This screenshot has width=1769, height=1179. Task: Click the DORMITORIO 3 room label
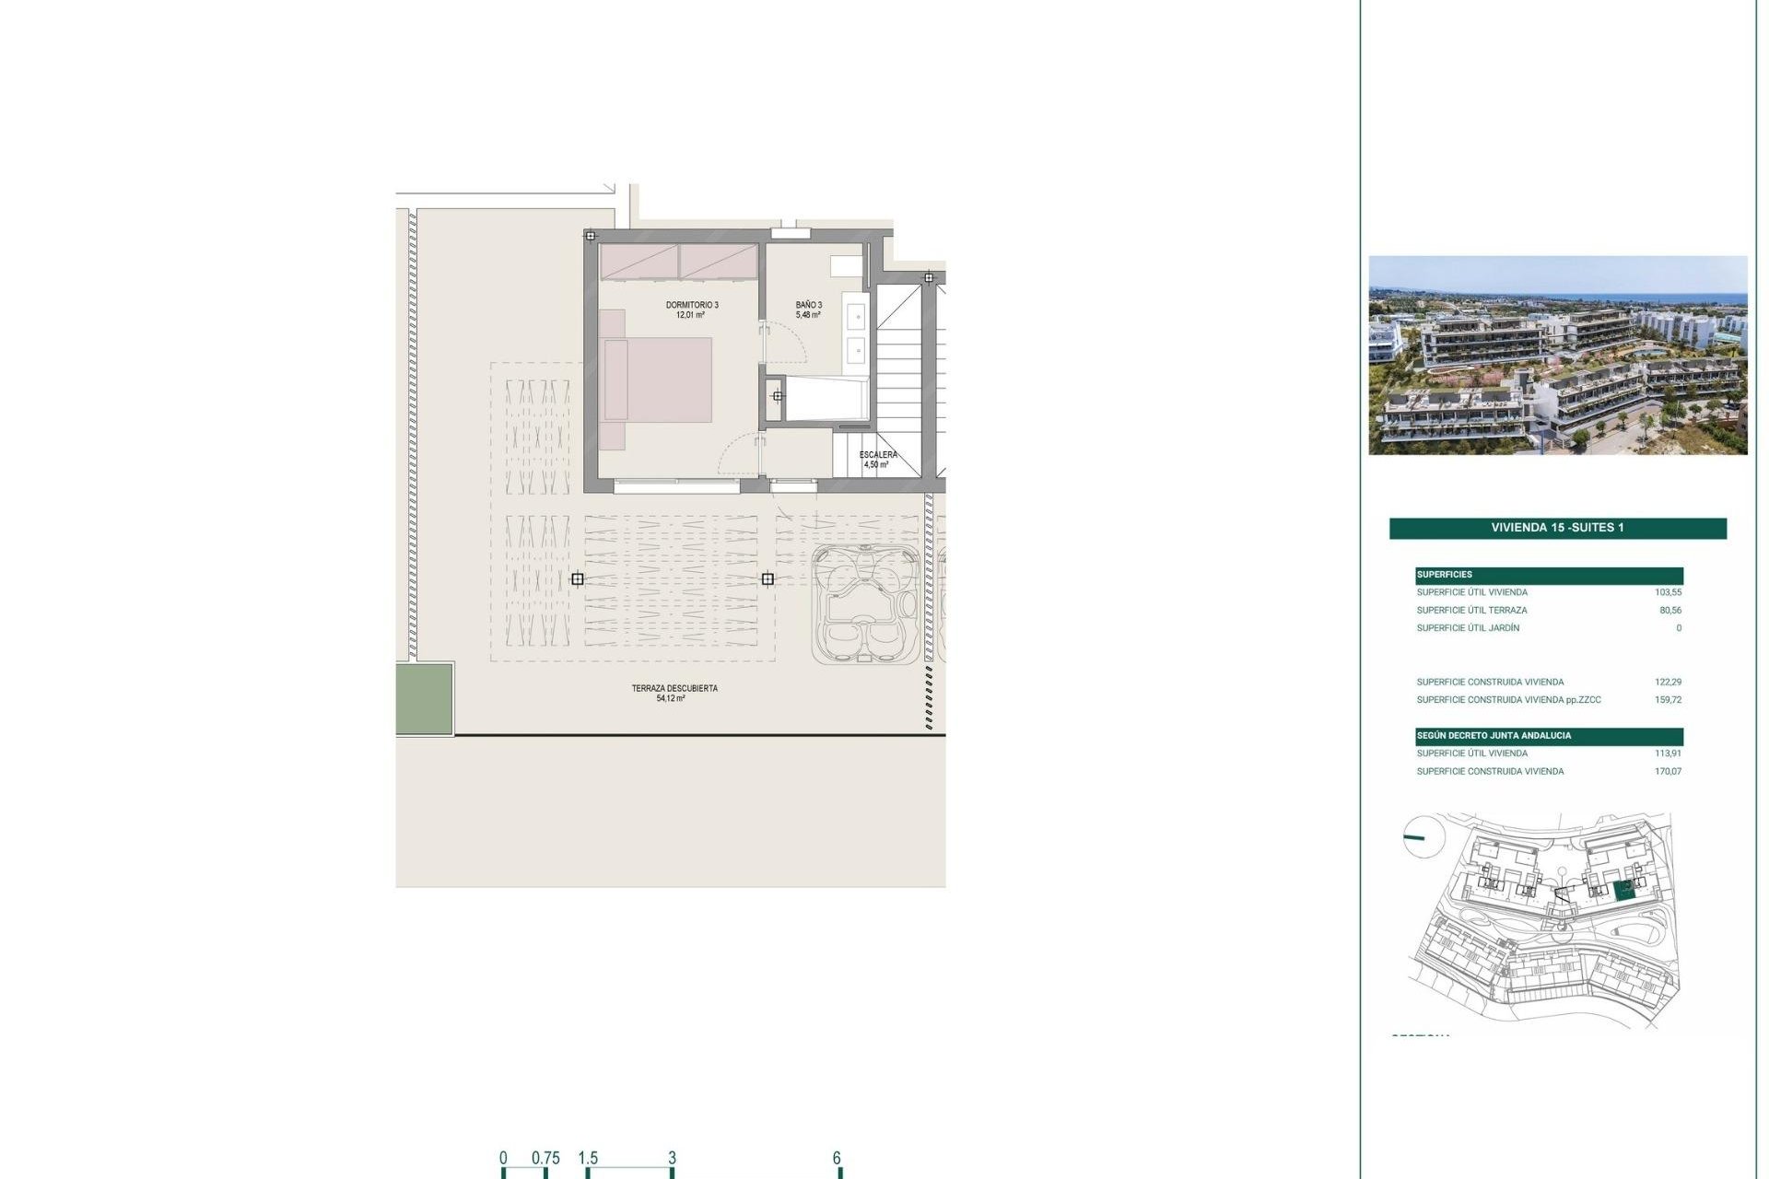[x=692, y=305]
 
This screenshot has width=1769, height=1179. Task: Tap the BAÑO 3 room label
[x=808, y=305]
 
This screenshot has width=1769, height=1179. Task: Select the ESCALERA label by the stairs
[x=877, y=455]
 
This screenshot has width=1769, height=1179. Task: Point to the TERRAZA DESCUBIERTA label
[x=674, y=688]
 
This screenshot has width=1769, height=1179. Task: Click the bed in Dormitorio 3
[x=657, y=379]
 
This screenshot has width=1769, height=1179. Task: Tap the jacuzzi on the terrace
[x=865, y=603]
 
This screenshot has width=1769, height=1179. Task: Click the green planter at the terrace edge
[x=425, y=698]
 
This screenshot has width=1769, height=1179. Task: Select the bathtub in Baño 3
[x=827, y=398]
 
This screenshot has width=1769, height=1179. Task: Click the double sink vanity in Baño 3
[x=855, y=333]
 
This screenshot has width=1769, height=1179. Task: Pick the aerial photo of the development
[x=1557, y=355]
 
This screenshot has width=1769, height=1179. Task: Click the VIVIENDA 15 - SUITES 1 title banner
[x=1557, y=528]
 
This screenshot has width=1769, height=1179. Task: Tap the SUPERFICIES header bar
[x=1549, y=575]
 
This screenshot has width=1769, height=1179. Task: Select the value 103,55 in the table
[x=1668, y=592]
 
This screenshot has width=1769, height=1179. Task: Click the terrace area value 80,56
[x=1669, y=610]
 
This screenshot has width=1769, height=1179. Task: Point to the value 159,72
[x=1668, y=700]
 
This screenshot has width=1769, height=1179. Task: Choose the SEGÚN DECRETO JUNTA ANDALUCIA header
[x=1549, y=736]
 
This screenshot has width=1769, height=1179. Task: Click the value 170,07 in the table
[x=1668, y=772]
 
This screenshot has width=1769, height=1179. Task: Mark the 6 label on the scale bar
[x=837, y=1158]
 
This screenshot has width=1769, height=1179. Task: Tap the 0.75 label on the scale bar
[x=545, y=1158]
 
